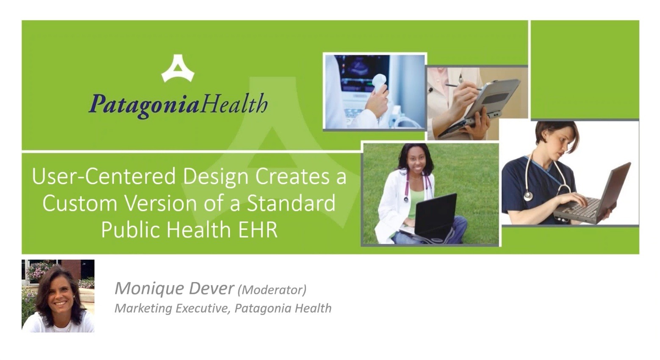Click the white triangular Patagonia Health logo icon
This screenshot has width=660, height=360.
tap(178, 69)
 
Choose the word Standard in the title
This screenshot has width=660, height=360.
tap(291, 203)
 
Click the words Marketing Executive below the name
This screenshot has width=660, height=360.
tap(172, 308)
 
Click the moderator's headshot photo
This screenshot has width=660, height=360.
tap(58, 296)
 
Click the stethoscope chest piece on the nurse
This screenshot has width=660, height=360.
tap(528, 196)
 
